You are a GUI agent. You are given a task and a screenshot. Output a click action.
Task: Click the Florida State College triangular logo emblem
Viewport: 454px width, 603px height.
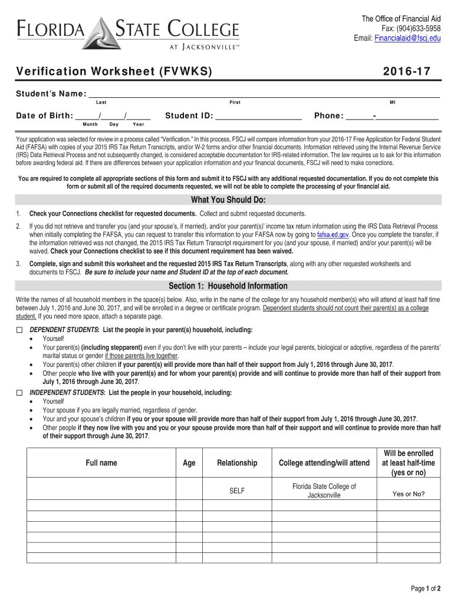(x=104, y=34)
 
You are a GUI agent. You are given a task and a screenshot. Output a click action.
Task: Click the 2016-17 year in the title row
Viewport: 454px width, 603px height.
(x=406, y=72)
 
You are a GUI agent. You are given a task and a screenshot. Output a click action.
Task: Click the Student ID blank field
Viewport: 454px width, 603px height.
(x=259, y=115)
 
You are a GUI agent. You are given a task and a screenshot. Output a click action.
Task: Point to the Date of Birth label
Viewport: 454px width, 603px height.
(x=44, y=115)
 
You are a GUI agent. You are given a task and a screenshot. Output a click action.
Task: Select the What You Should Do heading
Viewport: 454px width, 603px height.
(x=228, y=200)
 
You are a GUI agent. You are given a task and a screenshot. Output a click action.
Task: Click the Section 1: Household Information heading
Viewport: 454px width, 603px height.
(x=228, y=286)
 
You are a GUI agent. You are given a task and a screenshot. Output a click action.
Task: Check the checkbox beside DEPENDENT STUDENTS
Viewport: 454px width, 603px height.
(x=19, y=330)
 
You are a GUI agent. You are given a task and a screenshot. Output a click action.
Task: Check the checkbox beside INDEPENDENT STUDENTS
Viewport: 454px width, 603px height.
(x=19, y=393)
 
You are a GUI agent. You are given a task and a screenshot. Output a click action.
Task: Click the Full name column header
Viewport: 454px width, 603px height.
(x=101, y=463)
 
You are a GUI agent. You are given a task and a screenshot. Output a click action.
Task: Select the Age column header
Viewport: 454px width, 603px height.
(x=189, y=463)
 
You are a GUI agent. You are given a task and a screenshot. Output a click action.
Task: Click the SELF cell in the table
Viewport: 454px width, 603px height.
(x=237, y=491)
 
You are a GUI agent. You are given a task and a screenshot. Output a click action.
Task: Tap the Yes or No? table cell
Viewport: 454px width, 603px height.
(x=409, y=494)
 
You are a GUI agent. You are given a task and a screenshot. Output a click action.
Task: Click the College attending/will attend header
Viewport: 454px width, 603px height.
(x=324, y=463)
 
